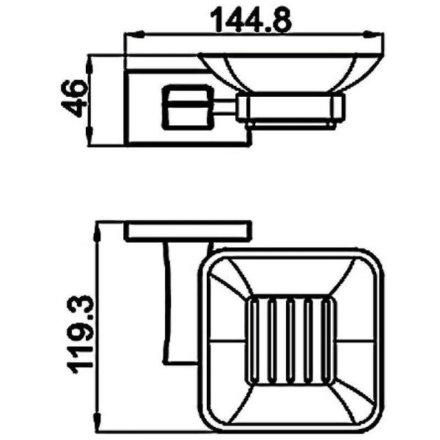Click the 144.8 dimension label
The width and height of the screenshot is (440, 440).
click(x=251, y=21)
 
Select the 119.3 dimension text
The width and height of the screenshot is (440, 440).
click(x=80, y=334)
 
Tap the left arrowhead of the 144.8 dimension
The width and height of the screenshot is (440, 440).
click(x=135, y=34)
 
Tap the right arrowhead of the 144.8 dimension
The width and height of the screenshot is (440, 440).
click(x=373, y=34)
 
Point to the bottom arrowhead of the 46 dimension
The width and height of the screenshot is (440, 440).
click(x=89, y=136)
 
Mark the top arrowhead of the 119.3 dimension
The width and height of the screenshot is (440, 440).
click(x=98, y=233)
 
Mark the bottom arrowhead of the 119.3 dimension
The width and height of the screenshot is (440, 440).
click(x=98, y=422)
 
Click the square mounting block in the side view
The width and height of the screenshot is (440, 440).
click(x=187, y=107)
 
